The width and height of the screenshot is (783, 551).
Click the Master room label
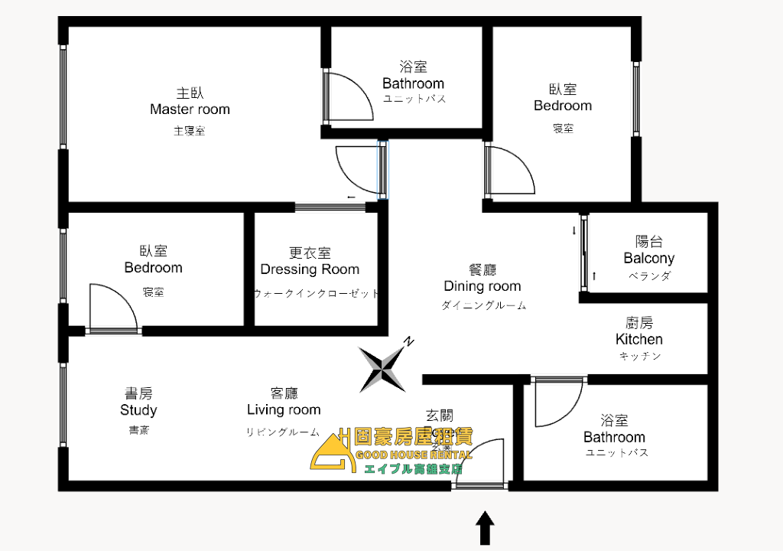pyautogui.click(x=190, y=109)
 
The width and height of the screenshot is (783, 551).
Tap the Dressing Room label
pyautogui.click(x=310, y=269)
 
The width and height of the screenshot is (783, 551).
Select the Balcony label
pyautogui.click(x=648, y=258)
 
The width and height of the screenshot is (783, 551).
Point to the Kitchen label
pyautogui.click(x=639, y=339)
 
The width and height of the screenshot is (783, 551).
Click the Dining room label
pyautogui.click(x=482, y=286)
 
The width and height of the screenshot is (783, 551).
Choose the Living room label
pyautogui.click(x=284, y=410)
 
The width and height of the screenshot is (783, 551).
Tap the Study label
pyautogui.click(x=138, y=410)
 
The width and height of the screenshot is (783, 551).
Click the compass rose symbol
pyautogui.click(x=382, y=368)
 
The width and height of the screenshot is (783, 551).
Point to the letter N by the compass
pyautogui.click(x=410, y=342)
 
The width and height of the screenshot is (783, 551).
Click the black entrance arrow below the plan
pyautogui.click(x=485, y=528)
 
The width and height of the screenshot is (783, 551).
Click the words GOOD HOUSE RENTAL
pyautogui.click(x=414, y=456)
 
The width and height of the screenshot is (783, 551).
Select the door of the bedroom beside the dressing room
pyautogui.click(x=113, y=308)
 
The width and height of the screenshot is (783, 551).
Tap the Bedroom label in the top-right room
pyautogui.click(x=563, y=106)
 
